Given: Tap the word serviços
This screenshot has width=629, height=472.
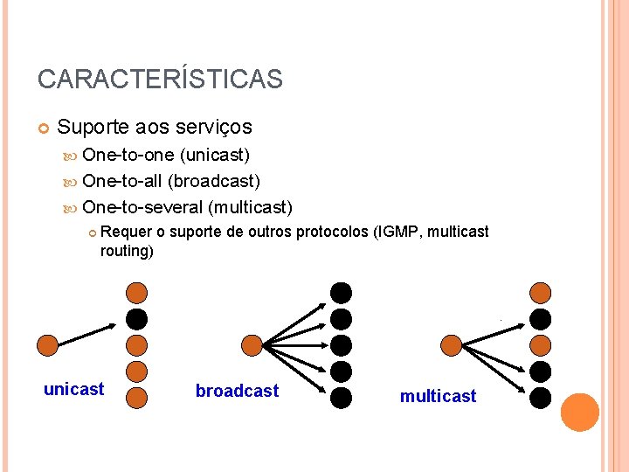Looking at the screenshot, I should click(x=213, y=128).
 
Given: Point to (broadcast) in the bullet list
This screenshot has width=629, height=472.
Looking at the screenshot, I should click(x=214, y=181).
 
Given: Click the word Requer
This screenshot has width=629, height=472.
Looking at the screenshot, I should click(x=127, y=232).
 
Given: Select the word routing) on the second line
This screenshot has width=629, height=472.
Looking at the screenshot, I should click(x=127, y=251).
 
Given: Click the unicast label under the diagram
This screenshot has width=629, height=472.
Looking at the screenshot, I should click(x=73, y=389).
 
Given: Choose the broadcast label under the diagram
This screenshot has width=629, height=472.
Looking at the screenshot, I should click(x=237, y=391).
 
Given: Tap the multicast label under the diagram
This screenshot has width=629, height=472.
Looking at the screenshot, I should click(x=438, y=396).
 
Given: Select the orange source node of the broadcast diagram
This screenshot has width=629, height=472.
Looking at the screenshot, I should click(x=252, y=344).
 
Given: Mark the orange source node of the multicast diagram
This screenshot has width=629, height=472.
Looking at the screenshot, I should click(x=452, y=344).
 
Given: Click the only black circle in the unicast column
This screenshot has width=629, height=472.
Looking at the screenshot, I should click(x=136, y=318).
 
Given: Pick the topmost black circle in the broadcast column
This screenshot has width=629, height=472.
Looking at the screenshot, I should click(x=341, y=292).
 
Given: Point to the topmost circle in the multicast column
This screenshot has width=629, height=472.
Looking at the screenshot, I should click(x=542, y=292).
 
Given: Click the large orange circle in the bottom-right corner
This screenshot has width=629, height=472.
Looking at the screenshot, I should click(x=580, y=413).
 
